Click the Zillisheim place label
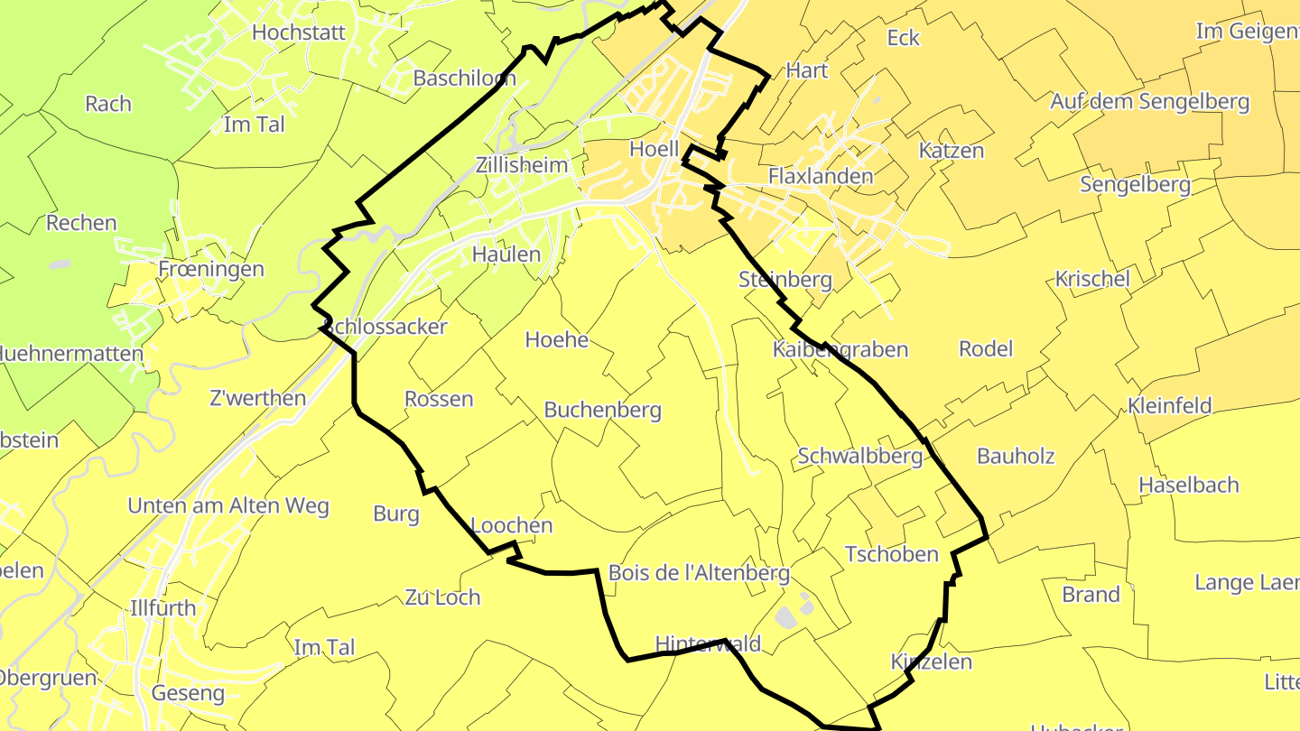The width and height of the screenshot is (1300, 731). [522, 165]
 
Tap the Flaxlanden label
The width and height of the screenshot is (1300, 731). [821, 176]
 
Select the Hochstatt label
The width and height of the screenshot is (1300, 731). [299, 32]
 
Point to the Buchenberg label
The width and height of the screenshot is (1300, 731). [602, 410]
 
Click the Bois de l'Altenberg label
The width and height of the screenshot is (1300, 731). [699, 573]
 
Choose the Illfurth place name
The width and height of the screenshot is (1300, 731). [162, 608]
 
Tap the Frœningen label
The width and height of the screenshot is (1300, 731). [210, 269]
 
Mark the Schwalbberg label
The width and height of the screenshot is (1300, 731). [859, 457]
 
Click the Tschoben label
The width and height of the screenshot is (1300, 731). [891, 554]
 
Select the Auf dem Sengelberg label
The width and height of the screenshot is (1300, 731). [1148, 102]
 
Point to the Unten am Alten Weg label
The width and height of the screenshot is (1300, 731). [228, 506]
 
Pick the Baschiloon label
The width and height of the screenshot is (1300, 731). [464, 79]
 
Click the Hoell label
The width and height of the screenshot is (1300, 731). [654, 150]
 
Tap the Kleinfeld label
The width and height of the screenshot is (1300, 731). [1169, 406]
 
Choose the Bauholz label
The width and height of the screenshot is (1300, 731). [1016, 457]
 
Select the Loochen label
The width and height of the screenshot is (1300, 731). [511, 525]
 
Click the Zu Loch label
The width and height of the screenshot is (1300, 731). [442, 597]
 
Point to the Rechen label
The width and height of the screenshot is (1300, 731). [81, 223]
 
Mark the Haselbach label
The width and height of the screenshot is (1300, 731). [1188, 486]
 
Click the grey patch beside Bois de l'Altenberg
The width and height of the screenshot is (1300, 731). [788, 616]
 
